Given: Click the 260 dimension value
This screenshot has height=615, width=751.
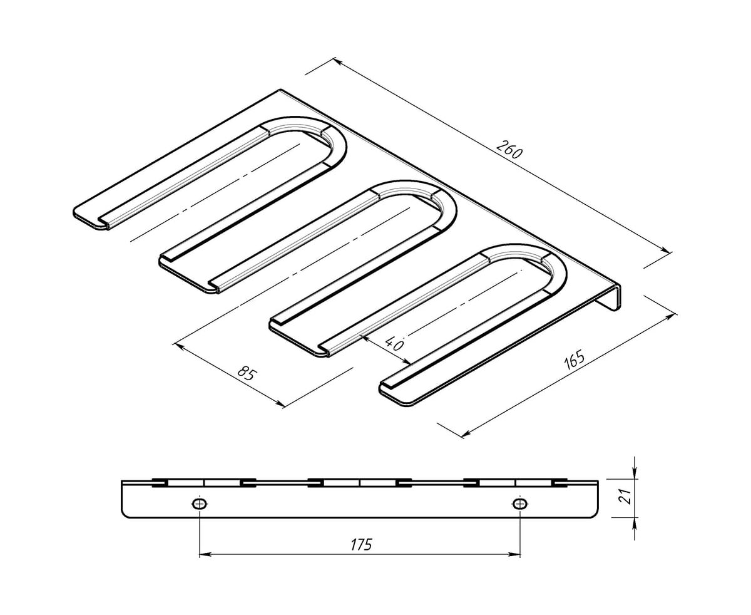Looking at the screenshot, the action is tap(509, 150).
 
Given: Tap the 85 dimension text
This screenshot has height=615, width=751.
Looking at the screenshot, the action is tap(247, 374).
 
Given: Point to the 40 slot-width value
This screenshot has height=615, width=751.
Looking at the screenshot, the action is tap(395, 344).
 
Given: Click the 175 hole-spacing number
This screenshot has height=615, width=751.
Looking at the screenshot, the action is tap(361, 544).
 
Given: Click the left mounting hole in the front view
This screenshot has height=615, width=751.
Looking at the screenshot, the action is tap(200, 504).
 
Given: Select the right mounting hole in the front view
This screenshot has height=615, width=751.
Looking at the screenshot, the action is tap(520, 504).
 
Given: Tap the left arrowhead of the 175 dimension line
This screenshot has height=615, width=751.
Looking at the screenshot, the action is tap(205, 555).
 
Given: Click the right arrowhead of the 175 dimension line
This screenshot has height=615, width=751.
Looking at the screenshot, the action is tap(515, 555).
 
